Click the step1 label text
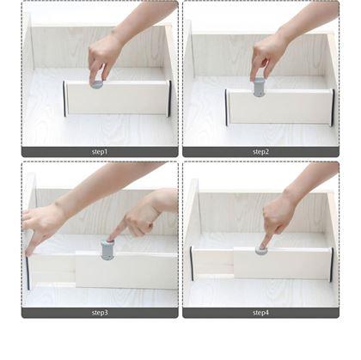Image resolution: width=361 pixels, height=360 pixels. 100,152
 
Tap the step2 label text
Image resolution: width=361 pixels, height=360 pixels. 260,152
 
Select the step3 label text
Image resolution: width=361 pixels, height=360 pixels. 100,313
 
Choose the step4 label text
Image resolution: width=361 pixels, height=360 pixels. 260,313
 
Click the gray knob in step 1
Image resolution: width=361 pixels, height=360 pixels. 96,84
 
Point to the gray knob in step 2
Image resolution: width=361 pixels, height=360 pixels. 259,87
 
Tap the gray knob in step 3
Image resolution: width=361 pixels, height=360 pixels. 107,250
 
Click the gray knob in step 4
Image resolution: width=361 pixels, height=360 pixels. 261,250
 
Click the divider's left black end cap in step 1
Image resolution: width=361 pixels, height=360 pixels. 64,99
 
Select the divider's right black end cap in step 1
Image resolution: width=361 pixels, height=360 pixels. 169,99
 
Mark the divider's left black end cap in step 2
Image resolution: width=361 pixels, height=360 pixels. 226,107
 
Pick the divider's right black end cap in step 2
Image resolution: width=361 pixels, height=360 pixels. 333,107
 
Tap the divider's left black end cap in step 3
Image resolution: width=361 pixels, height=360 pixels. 28,272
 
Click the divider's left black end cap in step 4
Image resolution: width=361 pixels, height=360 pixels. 192,264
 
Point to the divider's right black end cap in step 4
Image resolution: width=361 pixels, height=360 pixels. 332,264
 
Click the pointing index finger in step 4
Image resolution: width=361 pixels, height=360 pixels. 266,240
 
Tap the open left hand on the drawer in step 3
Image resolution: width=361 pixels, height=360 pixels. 40,226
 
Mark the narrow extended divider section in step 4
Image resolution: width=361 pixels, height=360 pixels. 213,264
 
